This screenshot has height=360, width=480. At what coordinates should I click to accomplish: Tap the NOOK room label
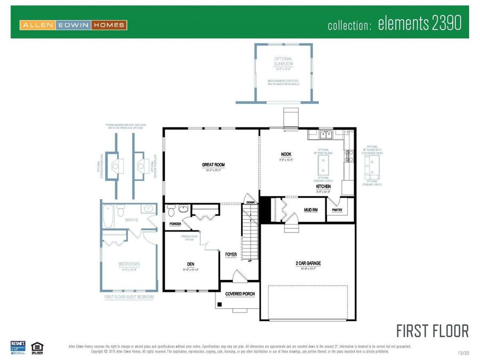[286, 154]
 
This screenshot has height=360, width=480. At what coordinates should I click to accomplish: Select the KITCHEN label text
[323, 187]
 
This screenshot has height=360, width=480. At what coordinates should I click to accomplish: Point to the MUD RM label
[311, 210]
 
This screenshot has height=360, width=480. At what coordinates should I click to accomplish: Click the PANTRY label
[337, 210]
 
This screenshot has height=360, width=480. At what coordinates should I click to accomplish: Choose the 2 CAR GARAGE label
[308, 263]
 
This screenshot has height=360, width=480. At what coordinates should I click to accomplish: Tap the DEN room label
[190, 264]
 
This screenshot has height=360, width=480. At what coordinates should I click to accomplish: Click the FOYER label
[231, 254]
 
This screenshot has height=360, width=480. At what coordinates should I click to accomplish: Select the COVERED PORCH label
[239, 294]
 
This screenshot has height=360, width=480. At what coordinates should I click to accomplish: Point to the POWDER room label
[175, 224]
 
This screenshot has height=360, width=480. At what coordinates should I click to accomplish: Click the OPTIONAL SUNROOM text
[283, 61]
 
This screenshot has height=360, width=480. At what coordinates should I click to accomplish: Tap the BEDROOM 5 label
[129, 264]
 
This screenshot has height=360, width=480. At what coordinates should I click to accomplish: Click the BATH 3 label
[132, 219]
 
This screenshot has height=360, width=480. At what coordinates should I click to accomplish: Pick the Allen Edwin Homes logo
[73, 25]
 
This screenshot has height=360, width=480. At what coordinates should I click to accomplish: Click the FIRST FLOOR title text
[433, 331]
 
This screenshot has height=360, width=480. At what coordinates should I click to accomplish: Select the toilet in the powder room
[171, 211]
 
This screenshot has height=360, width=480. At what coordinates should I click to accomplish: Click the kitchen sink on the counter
[327, 135]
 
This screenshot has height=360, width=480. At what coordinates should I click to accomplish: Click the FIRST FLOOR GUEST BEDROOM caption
[129, 297]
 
